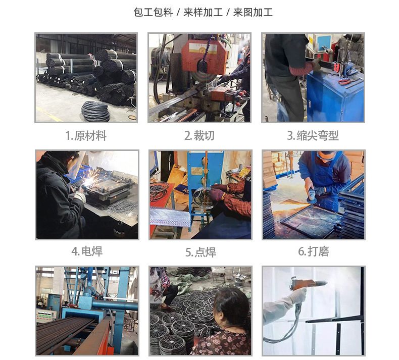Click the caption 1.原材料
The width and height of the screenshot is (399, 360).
pyautogui.click(x=86, y=135)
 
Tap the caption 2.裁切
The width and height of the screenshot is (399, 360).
pyautogui.click(x=199, y=135)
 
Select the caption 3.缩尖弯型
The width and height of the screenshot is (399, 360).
pyautogui.click(x=313, y=135)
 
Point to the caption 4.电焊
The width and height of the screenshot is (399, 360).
pyautogui.click(x=86, y=251)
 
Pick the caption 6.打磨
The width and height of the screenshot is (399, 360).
pyautogui.click(x=313, y=251)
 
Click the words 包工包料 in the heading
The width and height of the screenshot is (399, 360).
pyautogui.click(x=153, y=12)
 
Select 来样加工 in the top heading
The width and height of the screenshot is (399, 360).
pyautogui.click(x=203, y=12)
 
